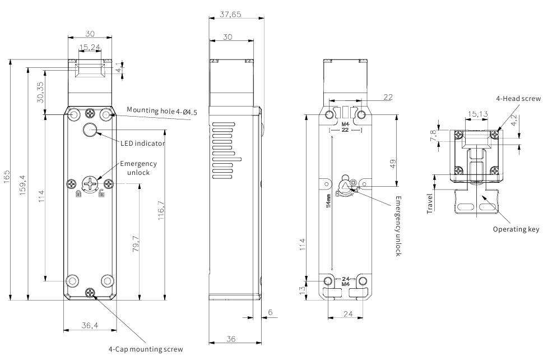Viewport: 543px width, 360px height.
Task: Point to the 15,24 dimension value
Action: click(x=90, y=47)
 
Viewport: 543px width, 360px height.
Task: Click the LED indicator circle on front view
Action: click(x=89, y=131)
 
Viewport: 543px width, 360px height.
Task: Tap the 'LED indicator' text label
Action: click(x=142, y=144)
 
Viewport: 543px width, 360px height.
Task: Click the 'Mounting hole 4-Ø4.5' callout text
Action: click(x=161, y=111)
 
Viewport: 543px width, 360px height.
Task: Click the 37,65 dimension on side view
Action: click(x=230, y=15)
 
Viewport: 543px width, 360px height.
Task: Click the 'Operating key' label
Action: click(x=516, y=229)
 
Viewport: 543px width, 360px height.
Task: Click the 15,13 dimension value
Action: click(x=477, y=114)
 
